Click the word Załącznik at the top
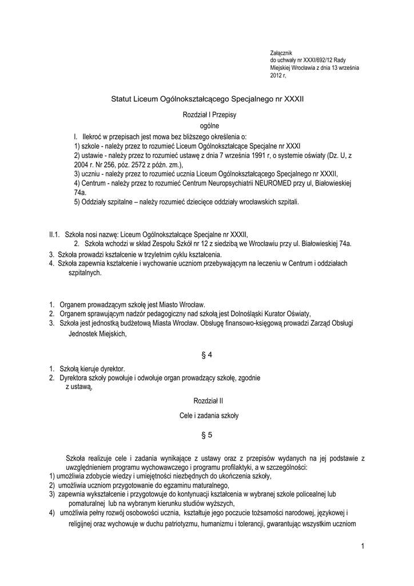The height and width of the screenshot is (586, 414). point(281,53)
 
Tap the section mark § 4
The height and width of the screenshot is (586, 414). point(207,355)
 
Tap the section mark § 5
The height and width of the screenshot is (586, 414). point(207,435)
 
